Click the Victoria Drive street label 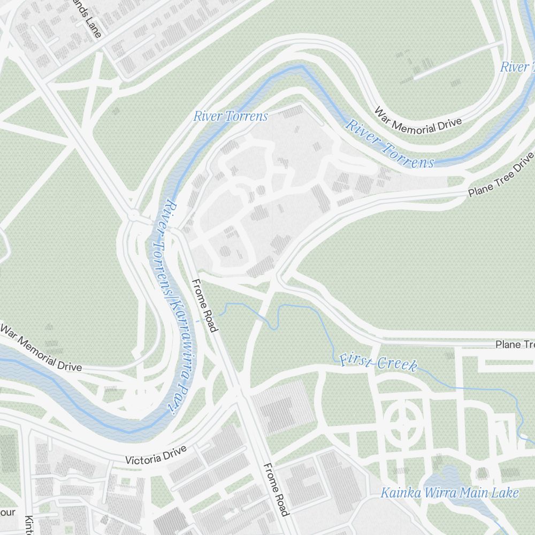click(155, 455)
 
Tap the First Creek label click(378, 363)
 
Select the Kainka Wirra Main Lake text click(449, 493)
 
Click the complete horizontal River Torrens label click(231, 116)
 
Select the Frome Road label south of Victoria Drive click(276, 490)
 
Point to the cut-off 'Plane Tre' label click(515, 344)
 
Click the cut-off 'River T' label click(517, 67)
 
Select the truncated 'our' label click(7, 512)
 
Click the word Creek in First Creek click(398, 364)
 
